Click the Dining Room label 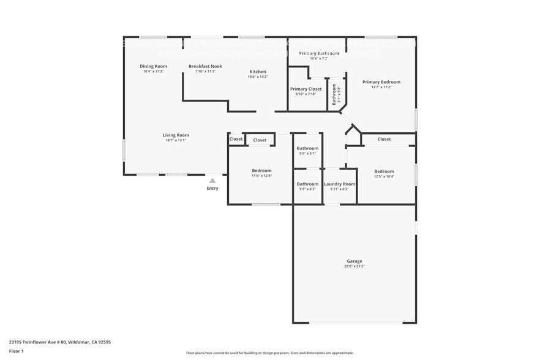(x=153, y=66)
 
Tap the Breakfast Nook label (x=205, y=66)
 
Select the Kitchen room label (x=257, y=72)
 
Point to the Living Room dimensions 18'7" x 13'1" (x=176, y=140)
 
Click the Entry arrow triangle (x=212, y=181)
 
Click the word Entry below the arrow (x=212, y=189)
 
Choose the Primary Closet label (x=306, y=89)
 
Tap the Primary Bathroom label (x=318, y=53)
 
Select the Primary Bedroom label (x=381, y=82)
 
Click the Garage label (x=354, y=261)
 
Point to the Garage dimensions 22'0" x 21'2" (x=354, y=266)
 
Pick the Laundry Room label (x=340, y=184)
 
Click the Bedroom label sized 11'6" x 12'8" (x=261, y=171)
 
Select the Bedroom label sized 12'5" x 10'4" (x=384, y=171)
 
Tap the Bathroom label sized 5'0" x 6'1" (x=307, y=148)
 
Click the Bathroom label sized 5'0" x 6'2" (x=307, y=184)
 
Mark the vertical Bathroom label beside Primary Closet (x=334, y=95)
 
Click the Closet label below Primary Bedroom (x=384, y=139)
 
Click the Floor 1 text (x=16, y=351)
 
